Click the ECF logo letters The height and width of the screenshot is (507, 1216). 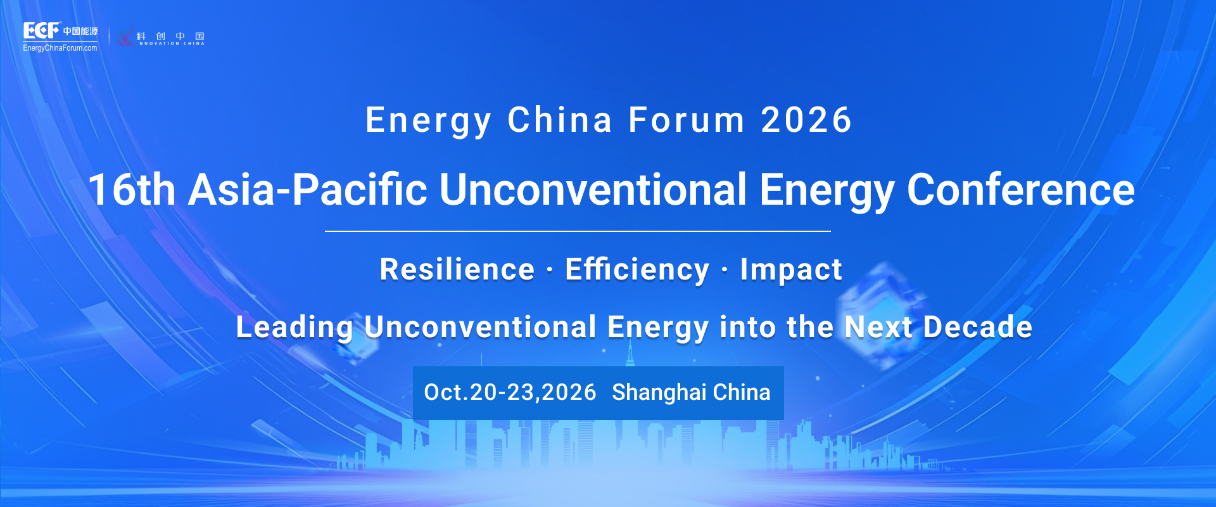click(41, 30)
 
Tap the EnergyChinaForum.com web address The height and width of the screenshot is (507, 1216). click(60, 48)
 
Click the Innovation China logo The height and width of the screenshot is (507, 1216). click(161, 37)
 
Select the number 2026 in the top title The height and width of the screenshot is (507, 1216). click(806, 120)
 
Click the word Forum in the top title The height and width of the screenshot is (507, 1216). click(687, 120)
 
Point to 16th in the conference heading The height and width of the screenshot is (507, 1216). click(132, 189)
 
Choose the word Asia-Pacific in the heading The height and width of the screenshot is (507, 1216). click(308, 189)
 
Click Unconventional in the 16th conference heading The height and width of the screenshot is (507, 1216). click(593, 189)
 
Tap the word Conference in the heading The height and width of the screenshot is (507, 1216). click(1021, 189)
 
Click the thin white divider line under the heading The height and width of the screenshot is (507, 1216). click(578, 231)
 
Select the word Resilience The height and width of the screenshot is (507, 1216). click(457, 269)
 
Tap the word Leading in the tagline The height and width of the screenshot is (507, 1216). click(294, 328)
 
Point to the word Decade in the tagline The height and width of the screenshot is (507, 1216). click(978, 327)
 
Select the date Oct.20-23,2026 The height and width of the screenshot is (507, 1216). click(510, 392)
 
